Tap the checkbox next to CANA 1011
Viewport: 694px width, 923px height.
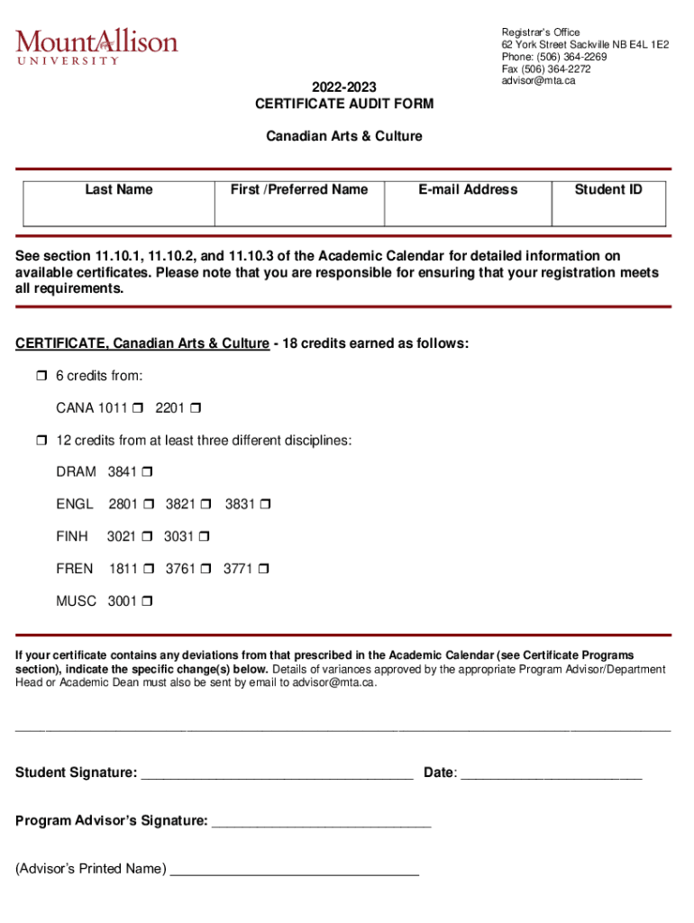tap(137, 408)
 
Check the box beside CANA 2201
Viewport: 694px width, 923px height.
tap(195, 408)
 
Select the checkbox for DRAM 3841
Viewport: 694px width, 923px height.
tap(147, 472)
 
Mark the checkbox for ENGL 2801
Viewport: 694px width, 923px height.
tap(149, 505)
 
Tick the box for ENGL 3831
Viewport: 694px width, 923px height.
tap(265, 505)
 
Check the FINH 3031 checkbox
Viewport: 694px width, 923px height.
tap(204, 537)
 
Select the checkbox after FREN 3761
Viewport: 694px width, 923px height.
tap(205, 570)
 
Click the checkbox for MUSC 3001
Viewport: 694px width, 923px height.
tap(147, 601)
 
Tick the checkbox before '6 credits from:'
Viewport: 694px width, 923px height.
tap(41, 376)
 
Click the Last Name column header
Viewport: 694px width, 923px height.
tap(119, 189)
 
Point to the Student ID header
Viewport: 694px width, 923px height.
tap(608, 189)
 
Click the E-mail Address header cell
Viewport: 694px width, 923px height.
tap(467, 189)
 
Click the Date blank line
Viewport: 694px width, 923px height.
tap(551, 773)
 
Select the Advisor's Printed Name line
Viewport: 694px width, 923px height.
tap(295, 870)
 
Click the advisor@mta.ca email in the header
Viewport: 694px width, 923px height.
tap(538, 80)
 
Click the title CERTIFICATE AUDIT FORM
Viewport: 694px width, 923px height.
tap(344, 104)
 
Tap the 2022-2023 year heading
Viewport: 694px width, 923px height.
tap(344, 87)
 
